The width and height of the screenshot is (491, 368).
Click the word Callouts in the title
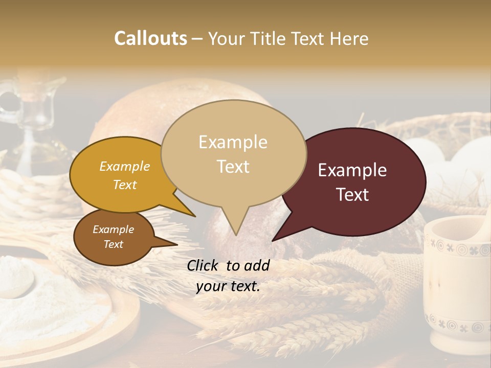(x=150, y=38)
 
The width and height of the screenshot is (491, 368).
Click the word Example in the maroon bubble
(x=352, y=170)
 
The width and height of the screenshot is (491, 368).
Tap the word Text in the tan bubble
(x=233, y=167)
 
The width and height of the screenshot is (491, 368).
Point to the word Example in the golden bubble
(x=124, y=166)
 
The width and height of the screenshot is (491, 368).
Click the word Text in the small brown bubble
(x=114, y=244)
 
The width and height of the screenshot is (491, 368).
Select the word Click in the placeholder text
(x=204, y=265)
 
